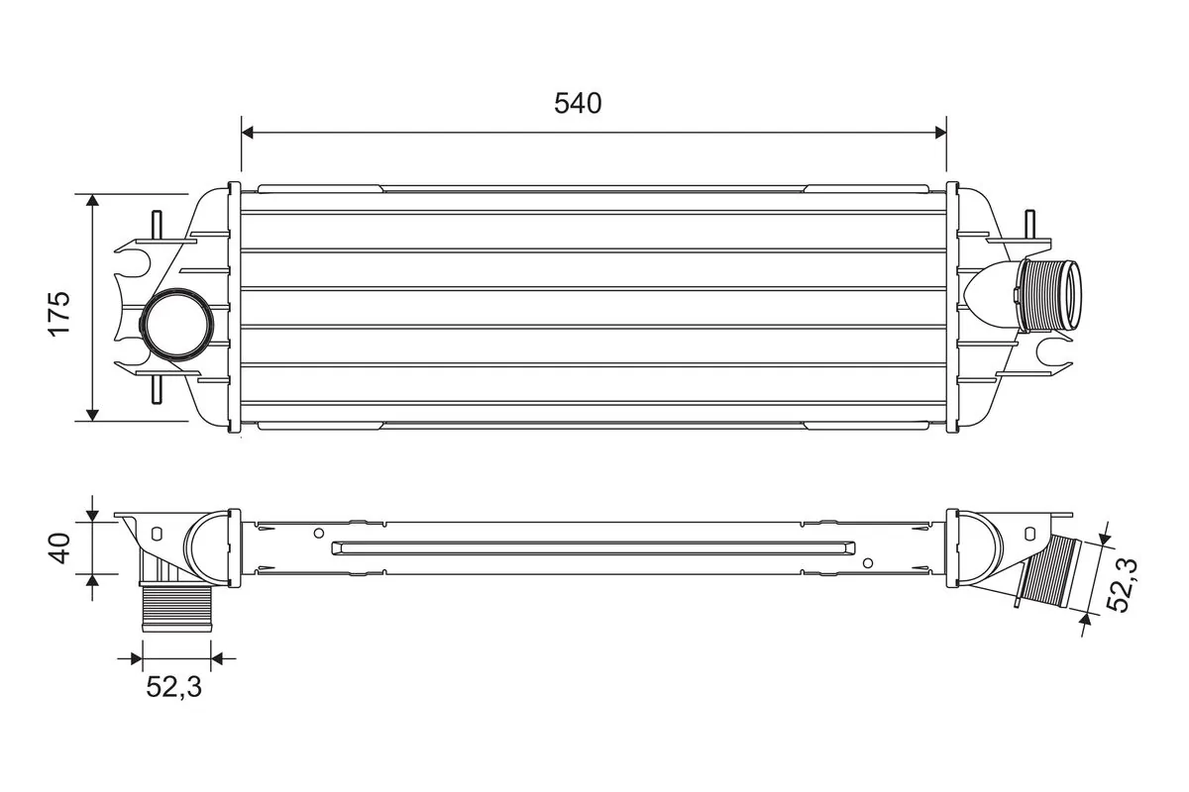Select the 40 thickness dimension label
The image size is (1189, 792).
coord(60,547)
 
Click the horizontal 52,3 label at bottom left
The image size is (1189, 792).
coord(174,686)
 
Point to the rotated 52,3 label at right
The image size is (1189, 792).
coord(1124,584)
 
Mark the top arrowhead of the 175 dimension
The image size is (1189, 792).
coord(93,201)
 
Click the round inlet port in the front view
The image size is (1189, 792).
coord(174,324)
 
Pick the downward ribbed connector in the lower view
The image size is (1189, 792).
coord(177,608)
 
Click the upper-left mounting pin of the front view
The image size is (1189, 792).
coord(156,226)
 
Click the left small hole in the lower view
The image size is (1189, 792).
coord(318,533)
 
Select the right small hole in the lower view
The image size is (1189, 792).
coord(868,563)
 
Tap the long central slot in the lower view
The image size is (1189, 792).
coord(594,547)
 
